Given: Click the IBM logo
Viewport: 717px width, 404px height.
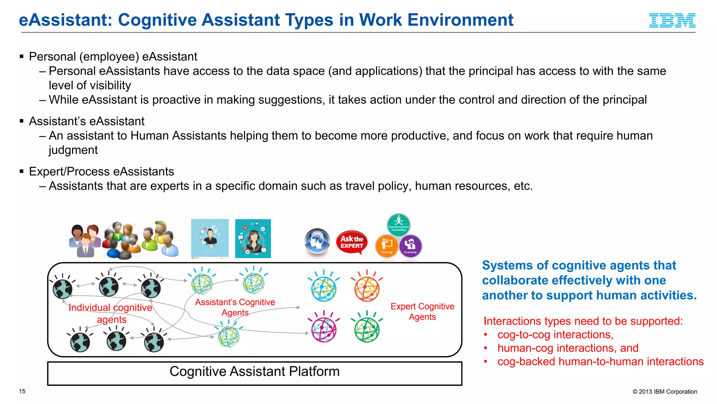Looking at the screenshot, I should click(672, 20).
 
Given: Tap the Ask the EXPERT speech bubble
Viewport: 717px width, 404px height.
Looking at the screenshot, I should click(351, 242).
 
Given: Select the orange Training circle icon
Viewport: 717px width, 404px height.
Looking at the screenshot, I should click(387, 245).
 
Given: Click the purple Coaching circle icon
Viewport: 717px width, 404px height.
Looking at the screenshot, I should click(410, 245).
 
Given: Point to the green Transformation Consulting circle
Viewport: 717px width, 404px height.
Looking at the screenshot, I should click(398, 224).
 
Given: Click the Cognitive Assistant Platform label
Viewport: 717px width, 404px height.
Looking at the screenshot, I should click(255, 372).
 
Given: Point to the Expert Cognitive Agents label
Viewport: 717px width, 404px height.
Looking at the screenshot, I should click(422, 311).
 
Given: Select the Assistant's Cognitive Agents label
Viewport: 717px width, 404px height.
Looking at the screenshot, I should click(235, 307).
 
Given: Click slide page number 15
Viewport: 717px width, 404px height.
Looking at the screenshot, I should click(22, 391).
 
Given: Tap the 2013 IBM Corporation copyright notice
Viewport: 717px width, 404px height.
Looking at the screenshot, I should click(664, 392).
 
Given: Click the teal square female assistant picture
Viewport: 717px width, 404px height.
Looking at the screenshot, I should click(253, 238).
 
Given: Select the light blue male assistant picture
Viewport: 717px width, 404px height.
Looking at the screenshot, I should click(210, 238).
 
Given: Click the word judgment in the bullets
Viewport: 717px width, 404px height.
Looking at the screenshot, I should click(73, 150).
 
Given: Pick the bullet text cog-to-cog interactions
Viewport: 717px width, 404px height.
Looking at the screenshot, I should click(555, 335).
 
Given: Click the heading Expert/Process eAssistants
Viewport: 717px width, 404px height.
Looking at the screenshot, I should click(101, 171).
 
